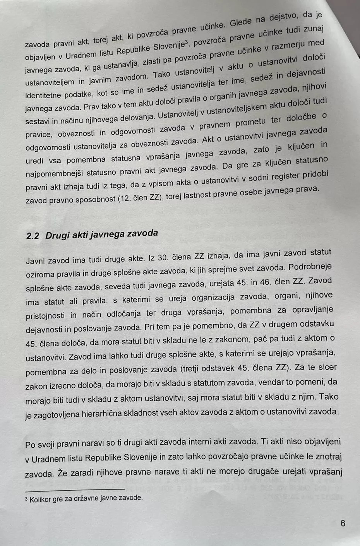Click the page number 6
343,524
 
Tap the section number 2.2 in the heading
33,236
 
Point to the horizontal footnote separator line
74,489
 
